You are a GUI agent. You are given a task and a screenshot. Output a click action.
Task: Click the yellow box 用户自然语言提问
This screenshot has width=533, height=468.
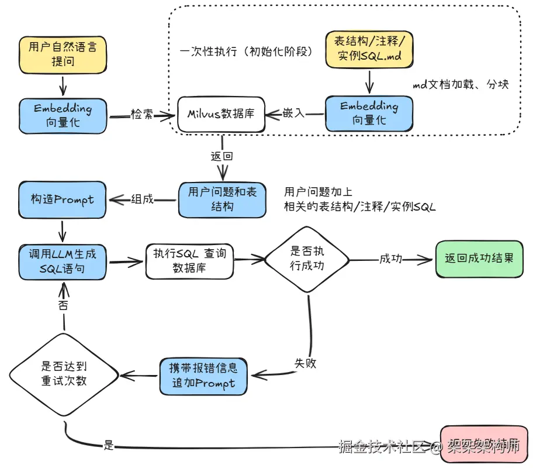(62, 53)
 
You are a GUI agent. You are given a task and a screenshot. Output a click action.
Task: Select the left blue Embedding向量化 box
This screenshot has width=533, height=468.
(63, 115)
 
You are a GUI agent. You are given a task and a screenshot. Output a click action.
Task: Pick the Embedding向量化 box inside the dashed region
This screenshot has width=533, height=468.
(369, 113)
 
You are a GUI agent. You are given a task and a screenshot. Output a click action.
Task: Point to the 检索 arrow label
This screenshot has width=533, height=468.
(142, 115)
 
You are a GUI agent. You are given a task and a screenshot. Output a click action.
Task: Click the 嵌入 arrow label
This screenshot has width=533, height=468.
(294, 113)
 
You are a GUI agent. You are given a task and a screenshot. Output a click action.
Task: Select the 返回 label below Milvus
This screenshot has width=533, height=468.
(221, 156)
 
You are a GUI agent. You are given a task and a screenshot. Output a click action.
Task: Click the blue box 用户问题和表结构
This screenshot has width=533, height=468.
(222, 199)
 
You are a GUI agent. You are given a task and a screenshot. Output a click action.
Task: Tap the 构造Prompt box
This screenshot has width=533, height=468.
(62, 199)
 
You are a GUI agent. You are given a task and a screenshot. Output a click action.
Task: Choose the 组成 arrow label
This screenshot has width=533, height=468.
(142, 199)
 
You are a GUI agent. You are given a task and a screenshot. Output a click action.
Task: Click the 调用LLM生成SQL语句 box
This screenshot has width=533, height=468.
(63, 261)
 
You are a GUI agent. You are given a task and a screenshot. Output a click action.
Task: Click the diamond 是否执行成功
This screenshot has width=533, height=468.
(307, 259)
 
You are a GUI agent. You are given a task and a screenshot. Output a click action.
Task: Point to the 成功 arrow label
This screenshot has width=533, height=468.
(390, 258)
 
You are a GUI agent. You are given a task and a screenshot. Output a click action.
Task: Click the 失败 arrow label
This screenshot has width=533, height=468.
(304, 363)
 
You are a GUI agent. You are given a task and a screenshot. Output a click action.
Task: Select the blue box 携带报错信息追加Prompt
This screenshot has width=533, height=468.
(203, 376)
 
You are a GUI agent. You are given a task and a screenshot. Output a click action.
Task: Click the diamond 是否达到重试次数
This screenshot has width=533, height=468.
(64, 374)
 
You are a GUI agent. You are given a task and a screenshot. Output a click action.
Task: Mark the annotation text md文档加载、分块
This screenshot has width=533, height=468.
(461, 84)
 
